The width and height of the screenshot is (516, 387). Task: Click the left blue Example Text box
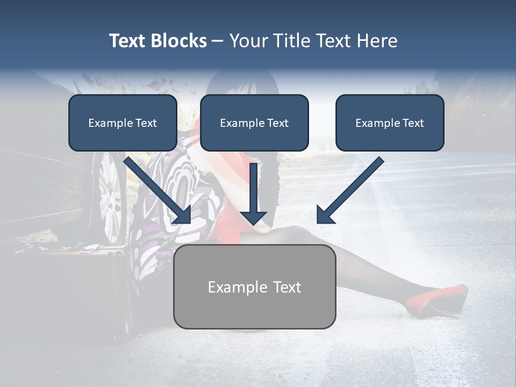pos(123,123)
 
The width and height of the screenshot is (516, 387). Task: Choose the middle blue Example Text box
pos(254,123)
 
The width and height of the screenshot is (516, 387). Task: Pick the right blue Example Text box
pos(390,123)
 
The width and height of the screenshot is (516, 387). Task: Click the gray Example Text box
pos(254,286)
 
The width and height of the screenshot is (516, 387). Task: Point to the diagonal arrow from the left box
pos(158,190)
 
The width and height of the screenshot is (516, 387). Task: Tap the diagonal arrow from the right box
pos(349,190)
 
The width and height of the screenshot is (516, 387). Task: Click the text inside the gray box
pos(254,287)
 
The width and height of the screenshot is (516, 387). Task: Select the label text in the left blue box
pos(123,123)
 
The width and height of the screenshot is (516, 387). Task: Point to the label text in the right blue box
pos(390,123)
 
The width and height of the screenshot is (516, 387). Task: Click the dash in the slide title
pos(218,41)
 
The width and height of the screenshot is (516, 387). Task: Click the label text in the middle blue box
pos(254,123)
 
